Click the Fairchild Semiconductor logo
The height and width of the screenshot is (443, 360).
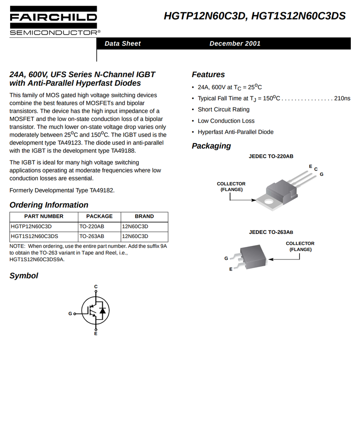(53, 21)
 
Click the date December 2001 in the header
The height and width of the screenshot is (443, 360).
(235, 43)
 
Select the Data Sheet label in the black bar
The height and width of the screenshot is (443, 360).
(123, 43)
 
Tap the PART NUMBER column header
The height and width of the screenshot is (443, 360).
(44, 216)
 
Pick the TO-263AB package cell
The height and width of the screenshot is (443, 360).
(92, 236)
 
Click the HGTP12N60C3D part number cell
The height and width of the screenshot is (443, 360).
(31, 227)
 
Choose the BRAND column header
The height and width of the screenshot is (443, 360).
(144, 216)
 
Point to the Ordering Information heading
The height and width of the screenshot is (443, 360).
(49, 205)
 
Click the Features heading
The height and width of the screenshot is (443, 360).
(208, 75)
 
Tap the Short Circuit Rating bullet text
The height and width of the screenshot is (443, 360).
(224, 109)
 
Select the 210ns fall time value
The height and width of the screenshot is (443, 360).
(342, 98)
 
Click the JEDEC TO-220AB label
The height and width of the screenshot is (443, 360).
(271, 156)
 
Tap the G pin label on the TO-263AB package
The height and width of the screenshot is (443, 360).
(226, 258)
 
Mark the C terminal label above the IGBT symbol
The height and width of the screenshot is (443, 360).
(96, 287)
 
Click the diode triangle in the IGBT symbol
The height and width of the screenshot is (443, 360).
(102, 310)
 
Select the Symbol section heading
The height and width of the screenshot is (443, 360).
(24, 276)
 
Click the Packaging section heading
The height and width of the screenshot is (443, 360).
(211, 146)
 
